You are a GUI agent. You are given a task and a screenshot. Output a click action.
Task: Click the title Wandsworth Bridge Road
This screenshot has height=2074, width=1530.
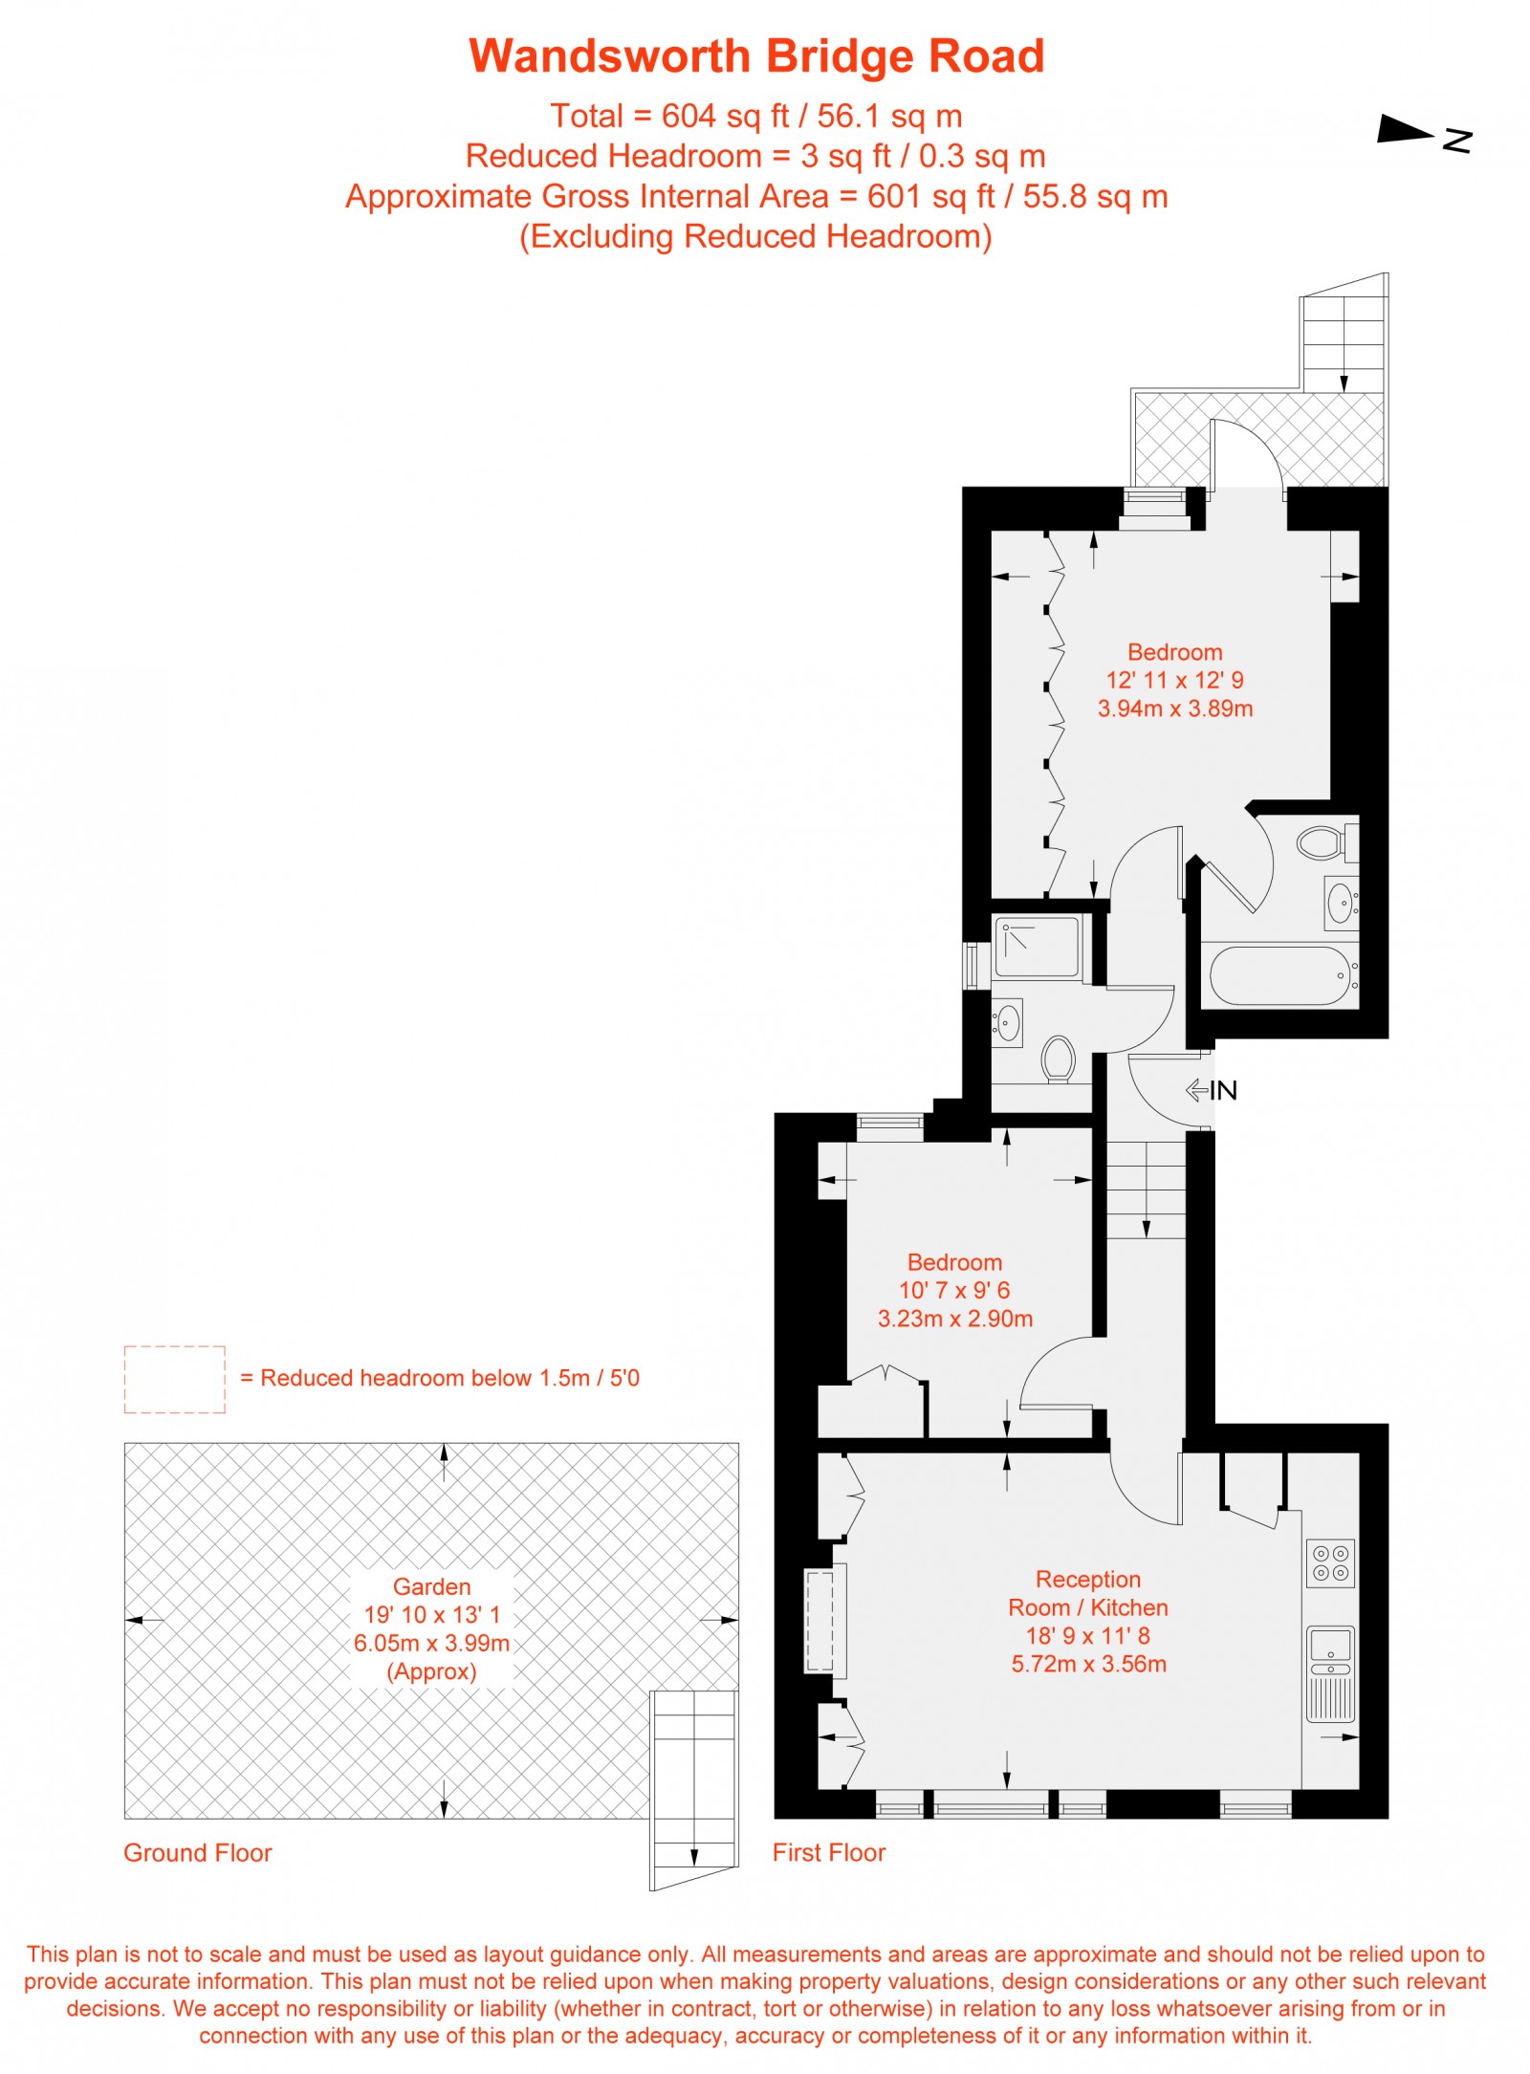[x=756, y=56]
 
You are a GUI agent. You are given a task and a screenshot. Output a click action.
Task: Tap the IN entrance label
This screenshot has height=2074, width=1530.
[x=1222, y=1090]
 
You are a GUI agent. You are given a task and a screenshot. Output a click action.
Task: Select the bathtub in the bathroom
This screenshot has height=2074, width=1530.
[x=1279, y=975]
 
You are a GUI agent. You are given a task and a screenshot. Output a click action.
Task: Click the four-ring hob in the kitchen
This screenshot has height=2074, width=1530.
[x=1330, y=1563]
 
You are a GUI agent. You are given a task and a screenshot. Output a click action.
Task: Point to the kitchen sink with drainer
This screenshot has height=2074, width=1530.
[x=1330, y=1673]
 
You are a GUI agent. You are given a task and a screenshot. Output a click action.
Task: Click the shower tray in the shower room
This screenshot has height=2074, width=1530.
[x=1037, y=947]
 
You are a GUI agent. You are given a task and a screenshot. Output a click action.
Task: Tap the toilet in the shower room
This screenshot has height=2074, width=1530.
[x=1058, y=1059]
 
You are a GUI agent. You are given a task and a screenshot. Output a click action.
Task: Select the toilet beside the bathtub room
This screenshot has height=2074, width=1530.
[x=1321, y=843]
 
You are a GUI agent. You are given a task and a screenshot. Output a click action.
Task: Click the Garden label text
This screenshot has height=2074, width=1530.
[x=431, y=1587]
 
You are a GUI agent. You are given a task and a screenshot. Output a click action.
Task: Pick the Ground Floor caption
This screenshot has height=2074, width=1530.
[x=198, y=1853]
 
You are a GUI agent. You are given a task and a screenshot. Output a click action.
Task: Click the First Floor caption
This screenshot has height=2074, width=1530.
[x=829, y=1853]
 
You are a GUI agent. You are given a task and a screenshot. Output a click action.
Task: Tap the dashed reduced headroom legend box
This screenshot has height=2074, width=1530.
[x=174, y=1379]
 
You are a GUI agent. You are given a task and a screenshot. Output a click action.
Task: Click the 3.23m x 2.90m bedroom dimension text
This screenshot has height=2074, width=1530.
[x=954, y=1319]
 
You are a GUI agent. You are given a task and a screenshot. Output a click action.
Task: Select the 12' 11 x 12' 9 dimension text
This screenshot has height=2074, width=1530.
[x=1174, y=680]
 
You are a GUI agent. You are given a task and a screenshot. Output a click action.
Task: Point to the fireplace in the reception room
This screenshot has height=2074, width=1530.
[x=820, y=1621]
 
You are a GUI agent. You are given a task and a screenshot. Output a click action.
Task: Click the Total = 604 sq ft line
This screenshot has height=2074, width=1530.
[x=755, y=116]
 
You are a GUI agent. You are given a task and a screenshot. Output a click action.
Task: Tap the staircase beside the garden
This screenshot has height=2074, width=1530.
[x=694, y=1788]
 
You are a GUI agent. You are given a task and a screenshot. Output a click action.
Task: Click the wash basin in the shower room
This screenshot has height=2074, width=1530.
[x=1007, y=1022]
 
